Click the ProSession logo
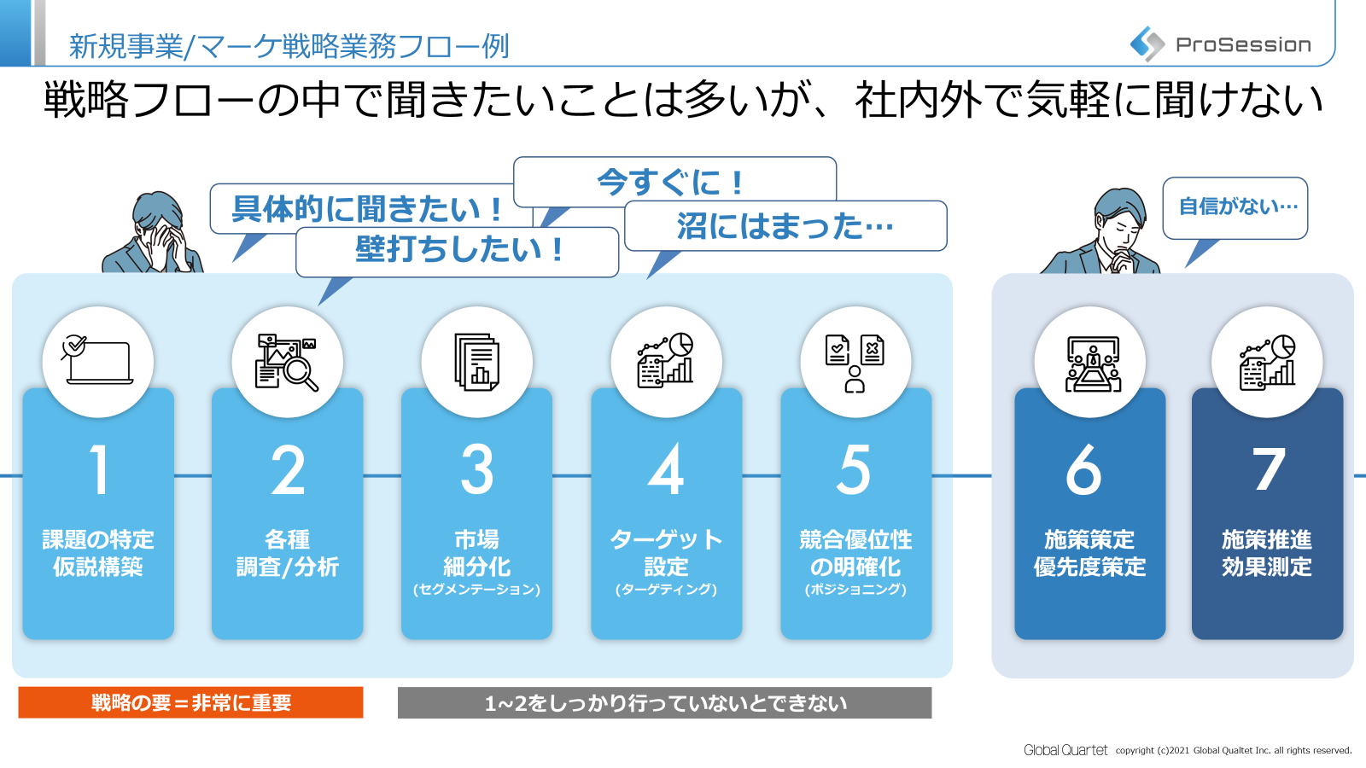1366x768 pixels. pos(1221,44)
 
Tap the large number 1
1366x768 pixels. pos(99,469)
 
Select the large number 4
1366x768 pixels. pos(666,469)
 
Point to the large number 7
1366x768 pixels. pos(1268,469)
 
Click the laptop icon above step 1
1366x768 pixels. pos(98,361)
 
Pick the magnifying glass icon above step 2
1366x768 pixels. pos(288,362)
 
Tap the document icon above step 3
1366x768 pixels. pos(477,362)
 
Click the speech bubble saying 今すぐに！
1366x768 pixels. pos(674,180)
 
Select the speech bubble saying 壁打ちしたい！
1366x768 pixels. pos(458,251)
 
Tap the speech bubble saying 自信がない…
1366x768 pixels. pos(1236,207)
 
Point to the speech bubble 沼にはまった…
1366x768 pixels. pos(785,226)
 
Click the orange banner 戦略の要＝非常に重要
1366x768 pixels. pos(190,702)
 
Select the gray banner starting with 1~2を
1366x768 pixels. pos(664,703)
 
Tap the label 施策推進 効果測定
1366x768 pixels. pos(1267,553)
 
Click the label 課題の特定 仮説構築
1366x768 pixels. pos(98,553)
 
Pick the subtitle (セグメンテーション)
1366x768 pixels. pos(477,590)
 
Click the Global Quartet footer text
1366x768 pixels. pos(1065,750)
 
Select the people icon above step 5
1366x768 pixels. pos(855,363)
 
